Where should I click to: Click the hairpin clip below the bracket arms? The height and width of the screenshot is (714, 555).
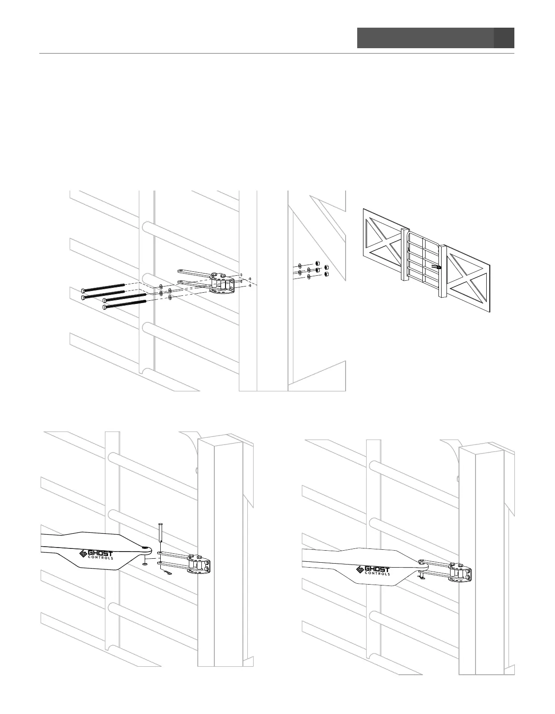pos(167,572)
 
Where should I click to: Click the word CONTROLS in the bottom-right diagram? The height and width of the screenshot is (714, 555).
pos(377,573)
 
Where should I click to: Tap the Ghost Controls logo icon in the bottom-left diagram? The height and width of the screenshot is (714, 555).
pos(83,554)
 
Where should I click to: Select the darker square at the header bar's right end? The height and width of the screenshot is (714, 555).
pos(504,38)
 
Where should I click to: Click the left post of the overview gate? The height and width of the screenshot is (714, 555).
pos(405,254)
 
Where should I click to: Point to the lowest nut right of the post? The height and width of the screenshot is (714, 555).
pos(326,274)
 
